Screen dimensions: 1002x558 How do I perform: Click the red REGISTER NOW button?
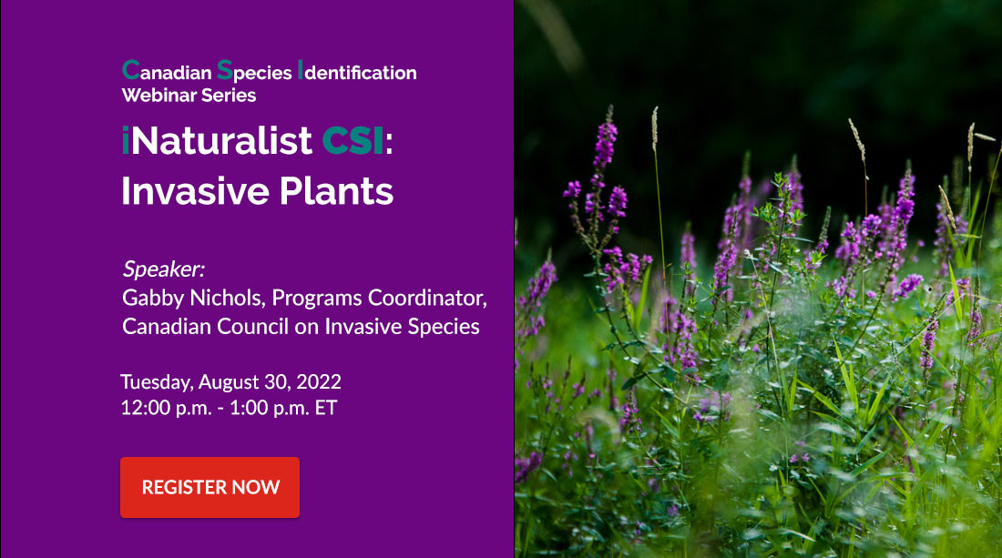210,487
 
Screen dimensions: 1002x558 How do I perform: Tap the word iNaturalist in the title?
217,140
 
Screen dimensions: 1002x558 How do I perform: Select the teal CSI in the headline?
353,140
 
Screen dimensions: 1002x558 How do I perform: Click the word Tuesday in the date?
157,381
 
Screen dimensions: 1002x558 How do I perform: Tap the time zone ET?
326,408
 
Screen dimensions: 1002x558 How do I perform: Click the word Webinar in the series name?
156,96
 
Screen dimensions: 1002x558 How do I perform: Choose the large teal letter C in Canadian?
131,69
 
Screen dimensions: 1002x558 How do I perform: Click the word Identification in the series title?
357,72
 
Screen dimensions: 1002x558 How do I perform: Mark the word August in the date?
229,381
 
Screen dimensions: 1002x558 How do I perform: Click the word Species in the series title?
254,72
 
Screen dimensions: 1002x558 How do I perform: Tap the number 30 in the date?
276,381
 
